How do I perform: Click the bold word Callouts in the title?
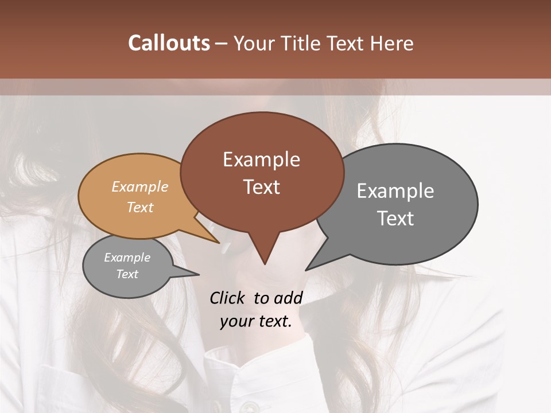pos(169,43)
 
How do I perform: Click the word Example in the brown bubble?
pos(261,159)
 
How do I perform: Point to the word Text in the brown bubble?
pos(261,187)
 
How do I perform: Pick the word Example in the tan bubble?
pos(140,186)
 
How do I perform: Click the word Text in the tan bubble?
pos(140,207)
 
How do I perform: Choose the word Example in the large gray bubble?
pos(395,191)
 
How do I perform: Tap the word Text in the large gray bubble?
pos(395,219)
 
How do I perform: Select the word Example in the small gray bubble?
pos(127,258)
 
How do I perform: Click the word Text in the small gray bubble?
pos(127,274)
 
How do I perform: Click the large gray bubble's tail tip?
pos(307,269)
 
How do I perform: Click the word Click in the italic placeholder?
pos(228,298)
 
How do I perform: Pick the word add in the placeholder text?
pos(288,298)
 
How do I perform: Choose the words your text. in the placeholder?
pos(256,321)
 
